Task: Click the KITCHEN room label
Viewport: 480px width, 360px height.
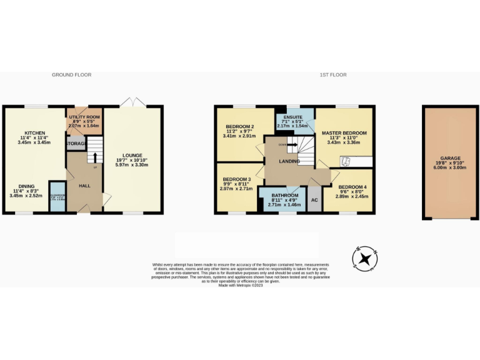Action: pos(34,133)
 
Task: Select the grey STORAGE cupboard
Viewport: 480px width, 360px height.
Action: pos(76,144)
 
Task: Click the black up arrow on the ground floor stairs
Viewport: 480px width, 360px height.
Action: pos(94,152)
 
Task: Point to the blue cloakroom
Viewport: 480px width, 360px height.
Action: pos(57,197)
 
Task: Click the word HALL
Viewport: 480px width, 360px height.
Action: pos(84,186)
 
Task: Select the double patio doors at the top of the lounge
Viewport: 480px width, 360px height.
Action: pos(132,102)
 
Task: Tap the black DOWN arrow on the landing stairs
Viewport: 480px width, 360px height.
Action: pos(289,144)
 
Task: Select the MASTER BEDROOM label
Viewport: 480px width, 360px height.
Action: pos(344,133)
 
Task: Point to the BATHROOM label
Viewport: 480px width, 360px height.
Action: pos(284,194)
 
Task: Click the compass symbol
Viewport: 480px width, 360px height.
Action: pos(365,259)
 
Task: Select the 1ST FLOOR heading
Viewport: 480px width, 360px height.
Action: pos(333,74)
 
